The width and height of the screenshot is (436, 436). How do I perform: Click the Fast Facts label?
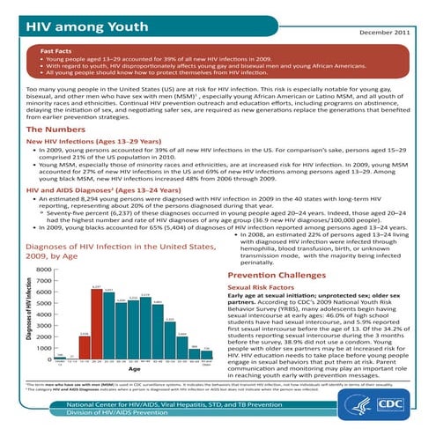pos(58,51)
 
